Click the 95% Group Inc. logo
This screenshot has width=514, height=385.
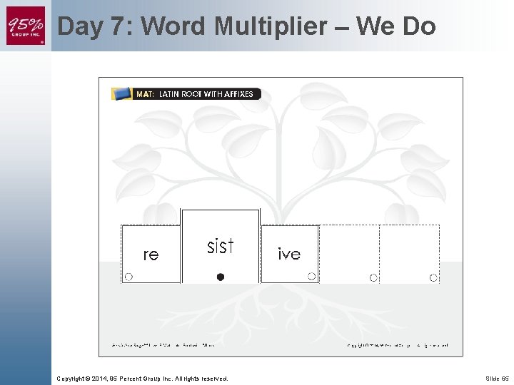tap(26, 26)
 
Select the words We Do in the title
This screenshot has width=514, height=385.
tap(395, 26)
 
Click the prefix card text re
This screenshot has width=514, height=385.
tap(151, 255)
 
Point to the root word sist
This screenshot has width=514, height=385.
tap(221, 247)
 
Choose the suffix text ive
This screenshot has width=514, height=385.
tap(289, 254)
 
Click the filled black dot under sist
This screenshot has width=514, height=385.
tap(221, 277)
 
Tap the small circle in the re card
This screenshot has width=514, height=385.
tap(128, 277)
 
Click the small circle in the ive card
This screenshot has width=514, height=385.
tap(311, 277)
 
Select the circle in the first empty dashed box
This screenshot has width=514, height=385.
tap(373, 277)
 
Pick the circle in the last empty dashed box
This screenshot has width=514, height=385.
tap(433, 277)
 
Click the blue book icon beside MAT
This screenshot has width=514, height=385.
tap(122, 93)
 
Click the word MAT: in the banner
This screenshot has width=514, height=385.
tap(146, 94)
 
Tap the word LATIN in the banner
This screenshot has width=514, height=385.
tap(169, 94)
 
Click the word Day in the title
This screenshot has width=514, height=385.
tap(81, 26)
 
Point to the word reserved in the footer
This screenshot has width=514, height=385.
tap(212, 378)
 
